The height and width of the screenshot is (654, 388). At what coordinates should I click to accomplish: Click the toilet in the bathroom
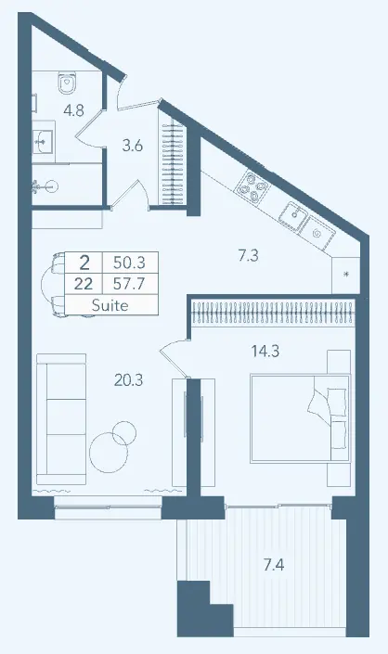67,83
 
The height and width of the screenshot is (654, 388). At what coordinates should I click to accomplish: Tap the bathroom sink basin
43,141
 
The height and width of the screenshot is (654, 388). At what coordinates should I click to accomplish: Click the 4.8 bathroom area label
74,110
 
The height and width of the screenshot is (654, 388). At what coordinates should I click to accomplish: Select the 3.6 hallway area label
133,146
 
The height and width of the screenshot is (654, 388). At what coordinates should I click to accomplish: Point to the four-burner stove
252,186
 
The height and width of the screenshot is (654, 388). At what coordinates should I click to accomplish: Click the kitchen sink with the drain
293,215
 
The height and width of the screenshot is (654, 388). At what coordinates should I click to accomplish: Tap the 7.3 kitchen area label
248,255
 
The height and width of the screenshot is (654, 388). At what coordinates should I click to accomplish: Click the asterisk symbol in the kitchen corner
345,274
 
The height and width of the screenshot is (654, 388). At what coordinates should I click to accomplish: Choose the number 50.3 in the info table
129,263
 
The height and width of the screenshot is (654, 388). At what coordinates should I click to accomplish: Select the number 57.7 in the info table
129,285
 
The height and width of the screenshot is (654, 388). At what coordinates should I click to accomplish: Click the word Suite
110,305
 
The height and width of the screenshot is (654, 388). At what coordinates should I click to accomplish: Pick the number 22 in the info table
84,285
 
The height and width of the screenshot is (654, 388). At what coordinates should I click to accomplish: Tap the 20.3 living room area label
128,380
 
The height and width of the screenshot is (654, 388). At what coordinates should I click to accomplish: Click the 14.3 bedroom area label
265,352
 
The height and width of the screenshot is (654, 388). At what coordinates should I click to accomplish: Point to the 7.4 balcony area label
274,565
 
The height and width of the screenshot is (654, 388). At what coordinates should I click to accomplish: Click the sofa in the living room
61,419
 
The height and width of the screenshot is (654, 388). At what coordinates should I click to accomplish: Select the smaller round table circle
124,432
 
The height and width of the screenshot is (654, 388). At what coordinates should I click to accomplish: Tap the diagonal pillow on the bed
318,402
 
